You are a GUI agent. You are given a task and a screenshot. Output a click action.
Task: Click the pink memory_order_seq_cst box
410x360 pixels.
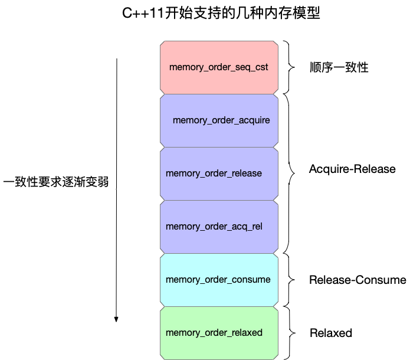click(219, 67)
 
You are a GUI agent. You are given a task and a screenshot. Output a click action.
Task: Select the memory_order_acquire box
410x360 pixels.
click(219, 120)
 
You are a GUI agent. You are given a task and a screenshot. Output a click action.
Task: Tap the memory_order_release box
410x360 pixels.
click(219, 174)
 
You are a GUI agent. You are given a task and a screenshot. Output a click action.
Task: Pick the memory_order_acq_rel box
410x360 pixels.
click(219, 227)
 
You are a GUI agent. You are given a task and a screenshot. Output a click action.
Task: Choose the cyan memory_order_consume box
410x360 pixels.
click(219, 280)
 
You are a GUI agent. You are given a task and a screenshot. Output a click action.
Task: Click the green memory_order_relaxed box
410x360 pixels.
click(219, 333)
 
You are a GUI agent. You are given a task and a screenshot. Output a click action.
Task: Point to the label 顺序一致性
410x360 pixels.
click(339, 67)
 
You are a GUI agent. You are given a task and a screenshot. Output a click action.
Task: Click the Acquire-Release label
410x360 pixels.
click(352, 169)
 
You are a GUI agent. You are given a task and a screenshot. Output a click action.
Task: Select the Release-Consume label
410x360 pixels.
click(357, 280)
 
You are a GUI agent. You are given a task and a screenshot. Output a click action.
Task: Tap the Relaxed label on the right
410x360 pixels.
click(331, 333)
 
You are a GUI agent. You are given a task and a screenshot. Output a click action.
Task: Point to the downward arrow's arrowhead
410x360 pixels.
click(117, 319)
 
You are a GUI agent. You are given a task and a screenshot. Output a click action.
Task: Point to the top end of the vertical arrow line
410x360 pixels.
click(117, 59)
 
